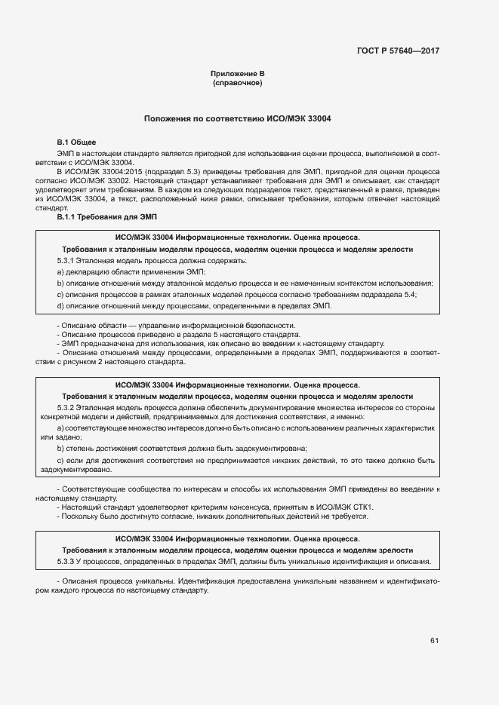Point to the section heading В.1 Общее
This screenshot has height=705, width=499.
point(77,142)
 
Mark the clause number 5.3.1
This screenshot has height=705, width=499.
point(69,260)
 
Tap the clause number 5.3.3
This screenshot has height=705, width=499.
point(69,562)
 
